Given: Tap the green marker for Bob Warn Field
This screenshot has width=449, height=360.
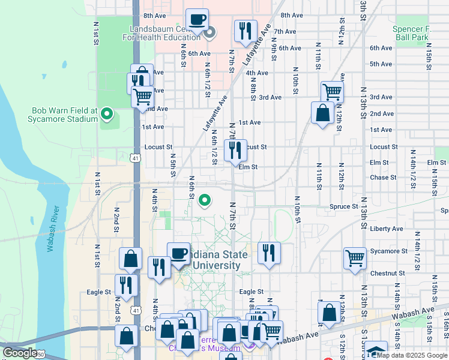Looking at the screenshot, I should coord(107,113).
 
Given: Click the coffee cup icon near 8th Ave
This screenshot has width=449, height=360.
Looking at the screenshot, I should coord(197,19).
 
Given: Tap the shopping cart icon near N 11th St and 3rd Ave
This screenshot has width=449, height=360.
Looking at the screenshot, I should coord(331,92).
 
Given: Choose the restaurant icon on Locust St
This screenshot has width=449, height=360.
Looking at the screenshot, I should coord(235,150).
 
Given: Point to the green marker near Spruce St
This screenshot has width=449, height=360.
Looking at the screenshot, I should coord(205,200).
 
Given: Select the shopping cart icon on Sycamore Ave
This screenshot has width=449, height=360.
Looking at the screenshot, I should coord(355,259).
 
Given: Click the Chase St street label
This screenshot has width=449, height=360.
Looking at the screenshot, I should coord(384,178).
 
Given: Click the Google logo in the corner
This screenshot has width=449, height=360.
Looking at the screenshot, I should coord(20,353).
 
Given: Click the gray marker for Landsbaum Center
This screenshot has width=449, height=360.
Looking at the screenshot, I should coord(209,33).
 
